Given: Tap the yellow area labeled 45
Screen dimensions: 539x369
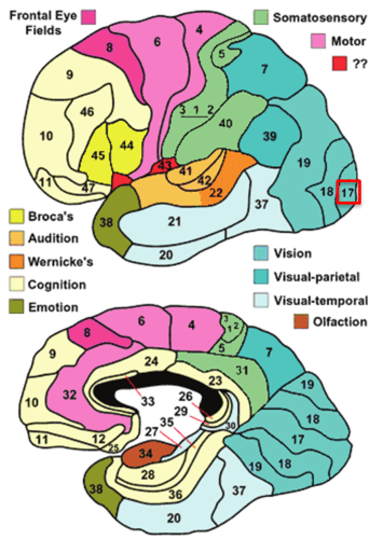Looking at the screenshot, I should (x=97, y=155).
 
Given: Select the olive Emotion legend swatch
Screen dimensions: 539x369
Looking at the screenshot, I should (x=17, y=307).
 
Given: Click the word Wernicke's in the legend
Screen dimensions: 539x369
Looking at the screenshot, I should (x=61, y=262).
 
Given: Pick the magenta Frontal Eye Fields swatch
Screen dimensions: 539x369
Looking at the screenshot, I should (x=89, y=18).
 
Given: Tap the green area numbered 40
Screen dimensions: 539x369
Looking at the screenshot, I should (x=225, y=123).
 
